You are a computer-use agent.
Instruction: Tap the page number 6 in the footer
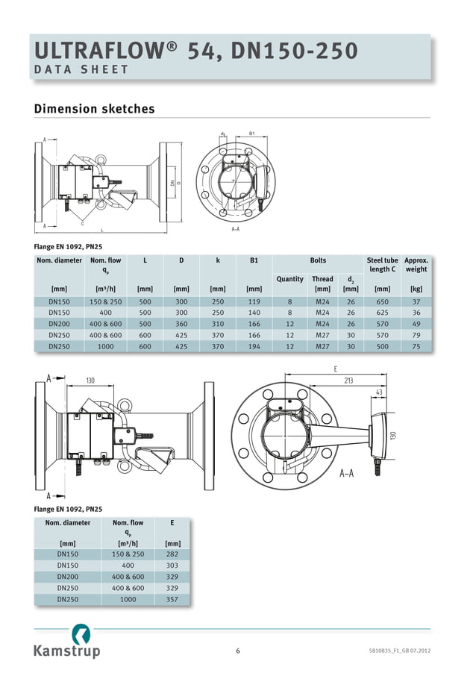pos(238,651)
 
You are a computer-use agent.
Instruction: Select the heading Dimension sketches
pos(95,109)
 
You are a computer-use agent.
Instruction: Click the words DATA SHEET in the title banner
pos(82,70)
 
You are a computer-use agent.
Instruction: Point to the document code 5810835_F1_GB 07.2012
pos(399,651)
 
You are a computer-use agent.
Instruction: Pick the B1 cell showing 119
pos(254,301)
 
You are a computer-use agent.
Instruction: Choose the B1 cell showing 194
pos(254,346)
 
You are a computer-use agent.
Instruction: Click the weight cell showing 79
pos(416,335)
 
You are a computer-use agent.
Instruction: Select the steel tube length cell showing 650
pos(382,301)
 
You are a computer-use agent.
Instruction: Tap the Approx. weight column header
pos(416,265)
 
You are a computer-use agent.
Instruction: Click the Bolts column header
pos(318,260)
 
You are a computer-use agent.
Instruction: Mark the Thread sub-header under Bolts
pos(322,279)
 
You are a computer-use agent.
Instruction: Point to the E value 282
pos(172,554)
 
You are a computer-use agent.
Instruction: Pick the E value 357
pos(172,599)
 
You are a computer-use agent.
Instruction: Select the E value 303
pos(172,566)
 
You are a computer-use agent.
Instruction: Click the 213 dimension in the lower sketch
pos(348,381)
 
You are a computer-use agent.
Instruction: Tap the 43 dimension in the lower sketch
pos(380,392)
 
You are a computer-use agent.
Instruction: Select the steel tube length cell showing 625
pos(382,313)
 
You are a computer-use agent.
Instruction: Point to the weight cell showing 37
pos(416,301)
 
